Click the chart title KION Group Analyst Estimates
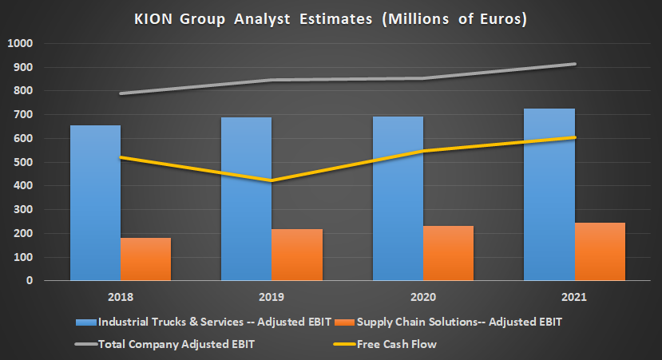330,18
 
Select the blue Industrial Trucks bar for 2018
95,204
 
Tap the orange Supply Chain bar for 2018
146,259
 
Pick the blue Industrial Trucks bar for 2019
246,200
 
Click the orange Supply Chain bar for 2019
297,255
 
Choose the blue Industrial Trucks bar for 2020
398,199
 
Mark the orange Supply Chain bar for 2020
448,253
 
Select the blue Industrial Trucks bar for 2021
549,195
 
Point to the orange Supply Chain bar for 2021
600,252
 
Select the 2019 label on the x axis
272,297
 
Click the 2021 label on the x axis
573,297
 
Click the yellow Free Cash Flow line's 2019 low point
272,181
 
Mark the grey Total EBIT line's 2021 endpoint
574,64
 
